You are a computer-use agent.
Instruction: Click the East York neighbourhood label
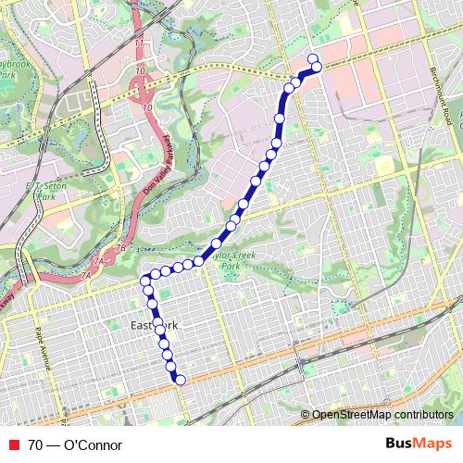(154, 326)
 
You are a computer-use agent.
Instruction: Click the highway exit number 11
(140, 44)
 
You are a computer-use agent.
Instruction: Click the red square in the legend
(12, 445)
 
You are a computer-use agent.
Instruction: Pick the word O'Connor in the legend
(93, 445)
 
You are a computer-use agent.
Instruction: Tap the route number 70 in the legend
(35, 445)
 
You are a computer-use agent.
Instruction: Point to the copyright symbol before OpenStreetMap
(306, 415)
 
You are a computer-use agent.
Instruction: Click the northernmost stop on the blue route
(313, 58)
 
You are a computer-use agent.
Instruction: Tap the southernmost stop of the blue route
(181, 380)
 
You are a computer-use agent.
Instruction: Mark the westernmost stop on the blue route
(144, 281)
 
